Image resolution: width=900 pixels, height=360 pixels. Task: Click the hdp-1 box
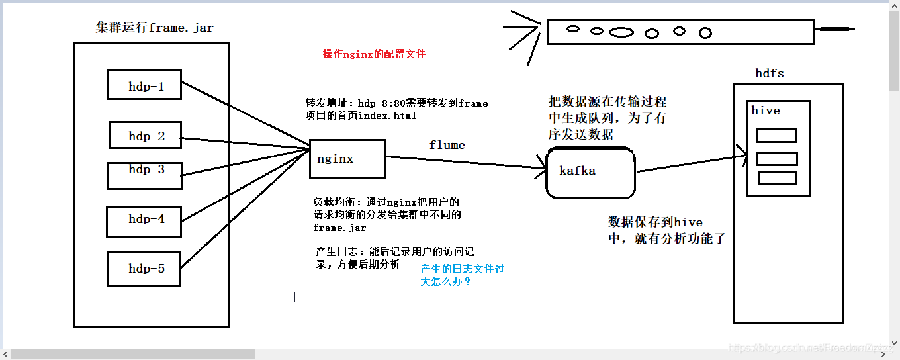pos(144,85)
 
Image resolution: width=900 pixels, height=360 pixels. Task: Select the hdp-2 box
pos(146,135)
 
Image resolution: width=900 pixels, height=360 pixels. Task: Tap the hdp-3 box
pos(144,175)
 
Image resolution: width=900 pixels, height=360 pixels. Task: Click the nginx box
pos(347,159)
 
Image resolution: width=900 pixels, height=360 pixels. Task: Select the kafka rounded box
pos(590,173)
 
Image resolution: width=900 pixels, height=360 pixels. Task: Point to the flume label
pos(447,145)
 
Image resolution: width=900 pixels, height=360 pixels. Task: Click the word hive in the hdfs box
pos(766,111)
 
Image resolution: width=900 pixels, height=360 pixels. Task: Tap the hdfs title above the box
pos(770,73)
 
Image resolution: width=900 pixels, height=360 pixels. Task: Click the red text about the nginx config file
pos(374,54)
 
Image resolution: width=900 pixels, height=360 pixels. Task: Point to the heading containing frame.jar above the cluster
pos(154,27)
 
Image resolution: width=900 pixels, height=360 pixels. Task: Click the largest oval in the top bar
pos(621,32)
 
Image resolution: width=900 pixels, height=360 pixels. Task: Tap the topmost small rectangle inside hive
pos(777,135)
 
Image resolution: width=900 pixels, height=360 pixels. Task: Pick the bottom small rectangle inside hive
pos(777,177)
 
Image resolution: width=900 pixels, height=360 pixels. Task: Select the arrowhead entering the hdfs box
pos(742,156)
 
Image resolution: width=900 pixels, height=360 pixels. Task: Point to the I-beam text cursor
pos(294,297)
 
